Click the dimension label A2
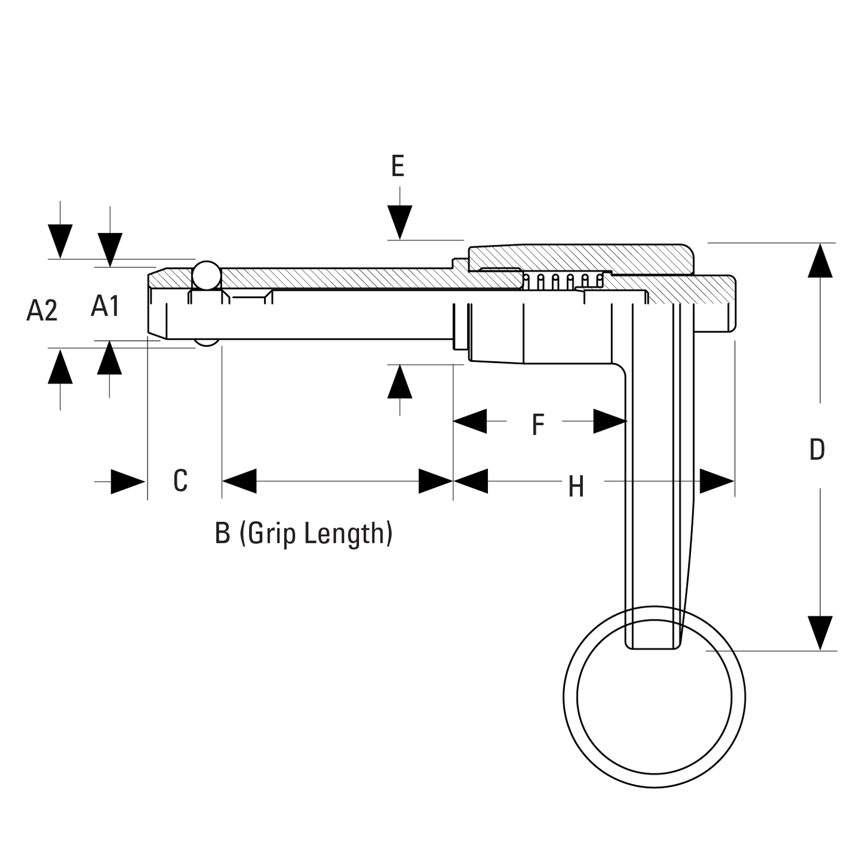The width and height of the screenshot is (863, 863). click(x=42, y=311)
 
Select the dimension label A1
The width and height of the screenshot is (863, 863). click(x=106, y=306)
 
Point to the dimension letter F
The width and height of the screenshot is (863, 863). click(x=538, y=424)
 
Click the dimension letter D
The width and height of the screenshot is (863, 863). click(x=818, y=450)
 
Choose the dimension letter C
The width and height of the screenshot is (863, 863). click(x=180, y=481)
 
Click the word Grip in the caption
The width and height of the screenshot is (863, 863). click(x=272, y=533)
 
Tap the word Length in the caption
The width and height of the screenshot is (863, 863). click(x=344, y=533)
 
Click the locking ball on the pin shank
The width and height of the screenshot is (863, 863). click(x=207, y=275)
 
